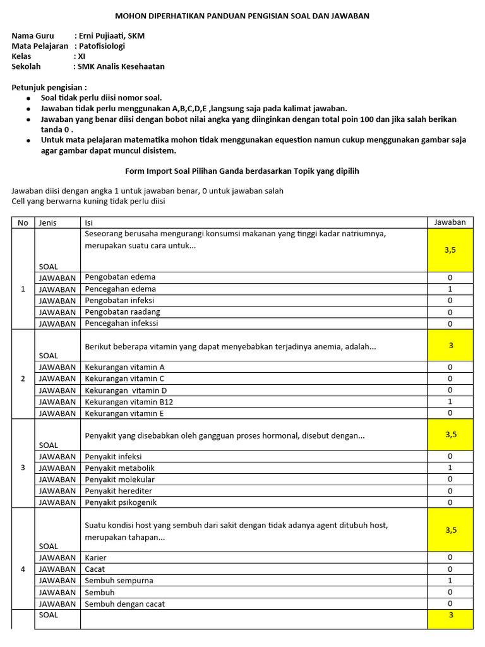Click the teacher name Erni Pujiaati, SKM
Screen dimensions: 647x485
(111, 36)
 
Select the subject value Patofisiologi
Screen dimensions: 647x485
(102, 46)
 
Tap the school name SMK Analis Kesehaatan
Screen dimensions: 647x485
(121, 66)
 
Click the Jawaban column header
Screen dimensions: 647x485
(450, 222)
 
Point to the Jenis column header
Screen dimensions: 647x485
(48, 222)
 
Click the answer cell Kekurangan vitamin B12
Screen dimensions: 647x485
(129, 402)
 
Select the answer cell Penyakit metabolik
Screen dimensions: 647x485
(120, 468)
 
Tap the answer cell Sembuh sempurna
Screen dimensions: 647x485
(119, 581)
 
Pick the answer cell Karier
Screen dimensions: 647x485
(96, 558)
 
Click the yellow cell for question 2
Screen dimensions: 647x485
(450, 346)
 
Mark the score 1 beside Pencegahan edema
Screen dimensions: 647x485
(450, 289)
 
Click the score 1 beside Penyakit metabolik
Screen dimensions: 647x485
(450, 468)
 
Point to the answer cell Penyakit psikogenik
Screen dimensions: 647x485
(121, 502)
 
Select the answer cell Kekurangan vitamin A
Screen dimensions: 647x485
(125, 367)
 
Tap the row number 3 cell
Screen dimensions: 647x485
(23, 468)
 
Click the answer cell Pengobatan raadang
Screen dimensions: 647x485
(123, 311)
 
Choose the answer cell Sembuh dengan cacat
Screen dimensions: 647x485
(125, 604)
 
